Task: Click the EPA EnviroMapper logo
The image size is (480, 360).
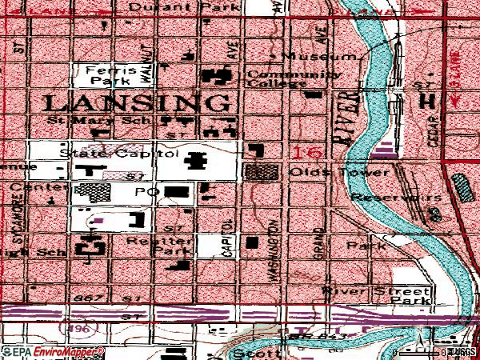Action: click(x=53, y=351)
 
